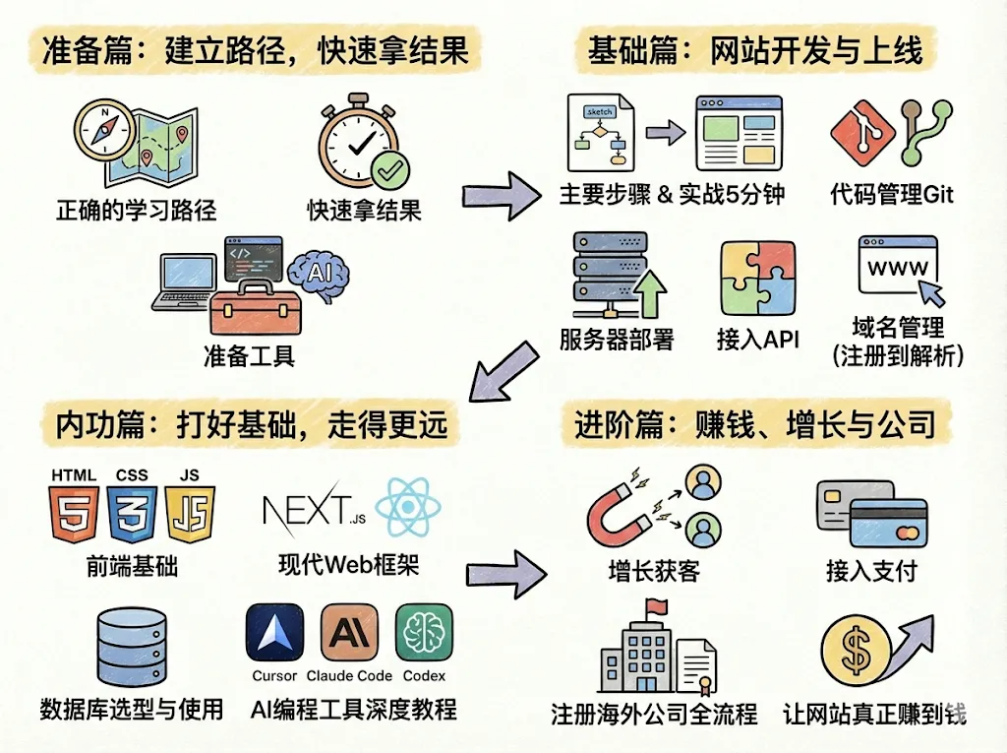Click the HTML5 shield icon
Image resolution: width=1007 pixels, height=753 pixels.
75,514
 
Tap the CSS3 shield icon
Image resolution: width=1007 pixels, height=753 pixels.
132,514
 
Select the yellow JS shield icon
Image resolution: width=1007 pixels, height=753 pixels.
190,514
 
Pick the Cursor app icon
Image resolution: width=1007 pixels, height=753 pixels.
274,633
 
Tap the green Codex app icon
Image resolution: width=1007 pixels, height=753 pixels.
424,633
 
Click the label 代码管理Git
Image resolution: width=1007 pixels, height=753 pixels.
892,194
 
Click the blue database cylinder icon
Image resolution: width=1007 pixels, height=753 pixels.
132,647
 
